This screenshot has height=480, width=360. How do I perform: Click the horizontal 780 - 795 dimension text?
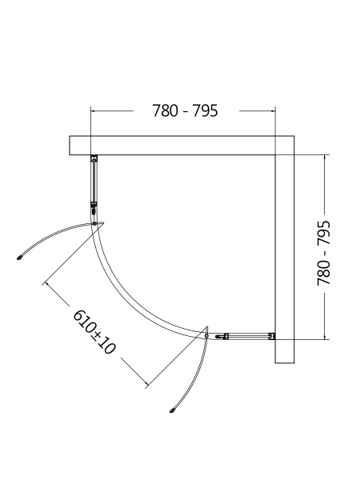click(185, 111)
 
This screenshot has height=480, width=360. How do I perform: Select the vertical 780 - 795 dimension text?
click(324, 253)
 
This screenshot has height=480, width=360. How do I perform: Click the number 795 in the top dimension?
click(204, 111)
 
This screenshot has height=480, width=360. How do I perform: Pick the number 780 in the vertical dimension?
click(324, 272)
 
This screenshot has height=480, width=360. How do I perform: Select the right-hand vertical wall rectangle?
click(285, 256)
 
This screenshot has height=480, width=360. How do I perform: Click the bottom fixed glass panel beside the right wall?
click(244, 336)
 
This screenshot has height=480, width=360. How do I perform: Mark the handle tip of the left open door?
click(21, 258)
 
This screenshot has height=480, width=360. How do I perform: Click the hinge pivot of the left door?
click(95, 222)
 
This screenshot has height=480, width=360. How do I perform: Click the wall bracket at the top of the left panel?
click(94, 158)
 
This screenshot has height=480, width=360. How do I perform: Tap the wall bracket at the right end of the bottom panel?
click(271, 337)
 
